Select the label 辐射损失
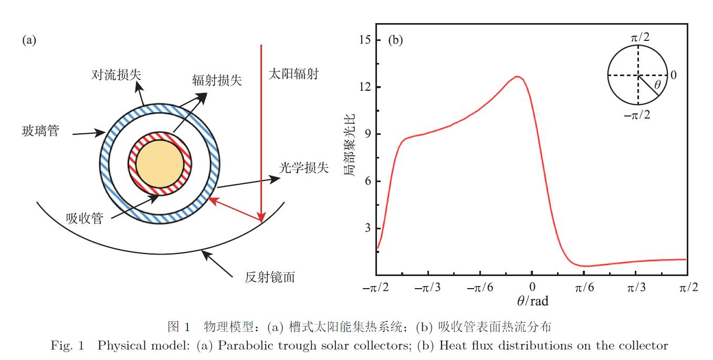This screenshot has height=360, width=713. pos(217,80)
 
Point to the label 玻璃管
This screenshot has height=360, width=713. pos(40,131)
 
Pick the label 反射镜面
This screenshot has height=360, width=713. pos(270,277)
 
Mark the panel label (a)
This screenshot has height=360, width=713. pos(29,40)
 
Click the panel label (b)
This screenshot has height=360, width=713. pos(395,40)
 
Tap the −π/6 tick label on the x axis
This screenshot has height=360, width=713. pos(480,288)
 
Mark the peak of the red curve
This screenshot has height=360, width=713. pos(518,77)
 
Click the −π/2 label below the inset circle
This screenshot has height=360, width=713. pos(637,114)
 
